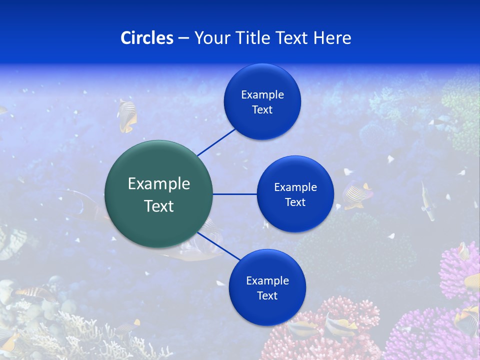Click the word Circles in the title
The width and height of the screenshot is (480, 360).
[x=147, y=38]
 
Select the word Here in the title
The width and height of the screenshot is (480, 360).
[x=332, y=38]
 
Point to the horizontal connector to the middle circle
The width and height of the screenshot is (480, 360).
[x=235, y=194]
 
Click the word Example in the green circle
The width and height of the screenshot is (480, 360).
[x=159, y=184]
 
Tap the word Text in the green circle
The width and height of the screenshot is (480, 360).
[x=159, y=206]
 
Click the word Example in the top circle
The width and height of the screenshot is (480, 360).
[x=262, y=95]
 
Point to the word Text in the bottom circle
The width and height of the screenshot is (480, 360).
[x=267, y=296]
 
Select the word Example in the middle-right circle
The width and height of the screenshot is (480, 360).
[x=295, y=187]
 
